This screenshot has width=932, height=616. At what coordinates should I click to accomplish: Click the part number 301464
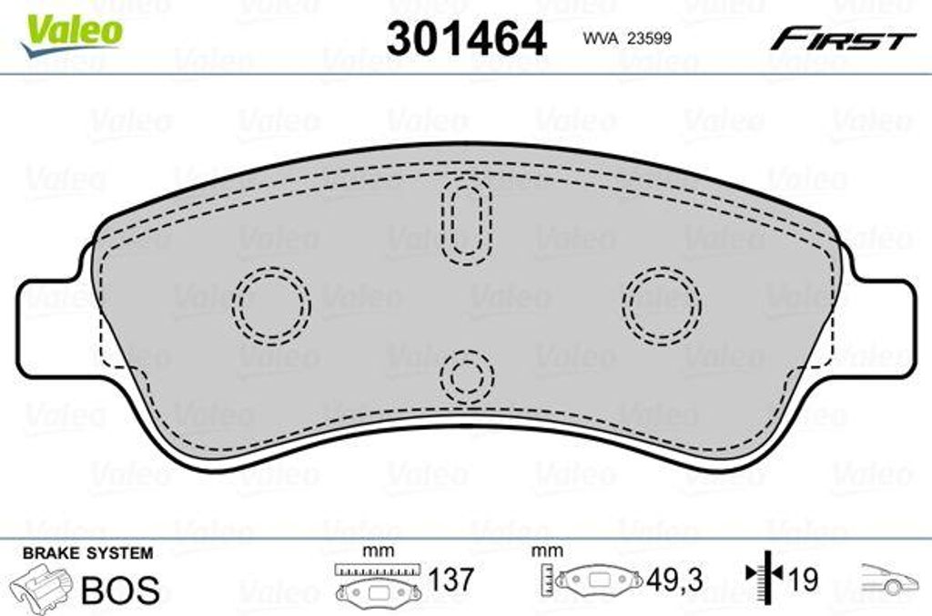pos(467,38)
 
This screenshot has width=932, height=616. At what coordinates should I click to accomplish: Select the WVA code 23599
pos(621,38)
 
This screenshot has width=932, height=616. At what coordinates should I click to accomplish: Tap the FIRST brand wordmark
pos(843,40)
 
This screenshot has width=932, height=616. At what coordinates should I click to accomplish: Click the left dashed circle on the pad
pos(271,305)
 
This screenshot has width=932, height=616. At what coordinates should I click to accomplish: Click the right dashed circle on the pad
pos(662,305)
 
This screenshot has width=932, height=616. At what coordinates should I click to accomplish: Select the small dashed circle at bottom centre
pos(467,375)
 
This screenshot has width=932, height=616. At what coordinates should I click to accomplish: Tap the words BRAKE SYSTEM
pos(87,553)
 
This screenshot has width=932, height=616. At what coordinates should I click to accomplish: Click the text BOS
pos(120,590)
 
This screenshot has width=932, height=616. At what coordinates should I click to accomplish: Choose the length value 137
pos(451,580)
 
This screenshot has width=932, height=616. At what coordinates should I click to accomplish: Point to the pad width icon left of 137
pos(376,583)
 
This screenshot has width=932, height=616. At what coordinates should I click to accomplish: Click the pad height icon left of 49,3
pos(591,580)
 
